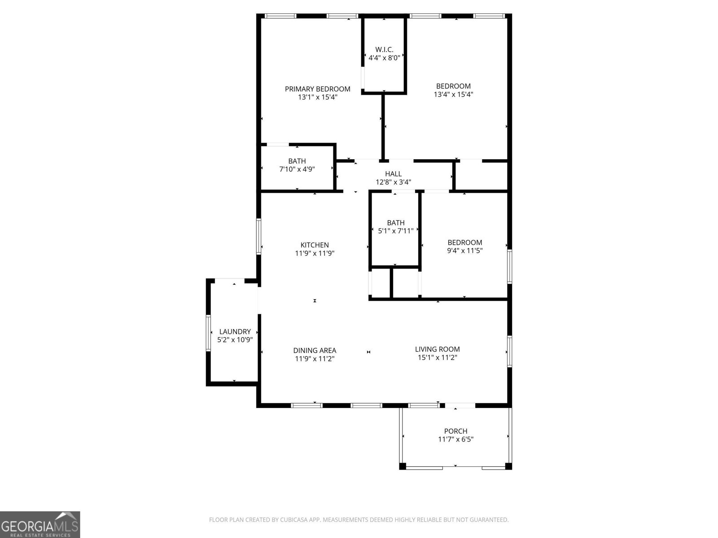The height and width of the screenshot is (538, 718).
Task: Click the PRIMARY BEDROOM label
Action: [x=317, y=89]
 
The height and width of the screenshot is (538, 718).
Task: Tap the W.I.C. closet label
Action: [x=384, y=49]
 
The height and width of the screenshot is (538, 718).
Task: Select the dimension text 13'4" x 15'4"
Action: [x=453, y=95]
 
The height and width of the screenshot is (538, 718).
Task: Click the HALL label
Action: [x=393, y=174]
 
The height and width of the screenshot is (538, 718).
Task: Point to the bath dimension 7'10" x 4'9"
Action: [x=297, y=169]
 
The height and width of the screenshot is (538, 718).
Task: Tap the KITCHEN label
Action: [x=315, y=245]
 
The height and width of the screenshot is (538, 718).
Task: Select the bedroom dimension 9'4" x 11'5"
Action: [x=464, y=251]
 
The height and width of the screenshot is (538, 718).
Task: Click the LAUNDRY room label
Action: [x=235, y=332]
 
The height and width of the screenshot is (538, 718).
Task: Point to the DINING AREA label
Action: [x=315, y=351]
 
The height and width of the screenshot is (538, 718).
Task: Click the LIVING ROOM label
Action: [x=437, y=349]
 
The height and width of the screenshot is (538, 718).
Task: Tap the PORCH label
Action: [x=455, y=431]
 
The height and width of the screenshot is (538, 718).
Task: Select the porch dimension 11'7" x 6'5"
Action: [x=455, y=440]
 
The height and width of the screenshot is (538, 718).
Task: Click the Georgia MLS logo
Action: [x=40, y=524]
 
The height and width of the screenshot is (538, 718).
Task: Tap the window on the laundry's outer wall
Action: [x=208, y=333]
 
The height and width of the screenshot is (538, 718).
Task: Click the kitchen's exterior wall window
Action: [x=259, y=236]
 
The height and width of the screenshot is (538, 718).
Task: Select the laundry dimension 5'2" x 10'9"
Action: [x=235, y=340]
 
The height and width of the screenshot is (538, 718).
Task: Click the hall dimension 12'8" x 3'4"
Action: [x=393, y=182]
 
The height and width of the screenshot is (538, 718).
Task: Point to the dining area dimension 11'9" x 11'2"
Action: [x=315, y=359]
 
